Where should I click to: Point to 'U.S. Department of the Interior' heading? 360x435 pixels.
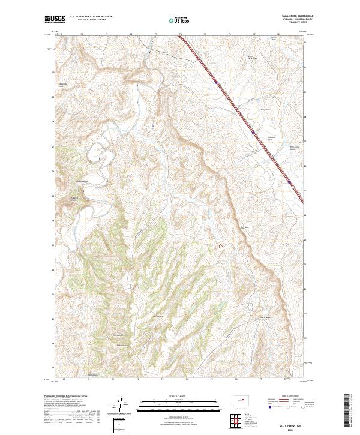click(89, 17)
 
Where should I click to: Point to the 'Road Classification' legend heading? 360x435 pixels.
click(287, 396)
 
